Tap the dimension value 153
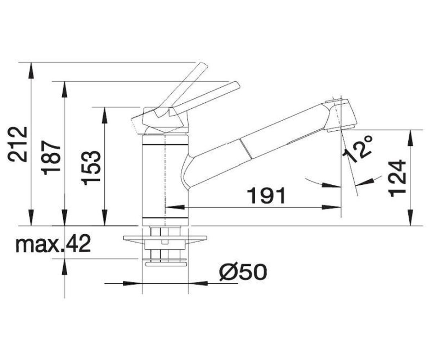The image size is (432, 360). [91, 168]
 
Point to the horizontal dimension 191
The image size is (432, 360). [267, 195]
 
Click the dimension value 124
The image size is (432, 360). [397, 178]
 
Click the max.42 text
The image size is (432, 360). [53, 243]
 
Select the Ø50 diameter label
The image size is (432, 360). [243, 272]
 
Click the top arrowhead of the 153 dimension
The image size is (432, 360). [105, 116]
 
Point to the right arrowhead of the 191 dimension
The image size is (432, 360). [331, 207]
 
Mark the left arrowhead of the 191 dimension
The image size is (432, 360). [175, 207]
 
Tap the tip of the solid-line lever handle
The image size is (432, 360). [238, 85]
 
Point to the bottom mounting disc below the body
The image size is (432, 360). [167, 264]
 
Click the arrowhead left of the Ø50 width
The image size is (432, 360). [133, 283]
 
